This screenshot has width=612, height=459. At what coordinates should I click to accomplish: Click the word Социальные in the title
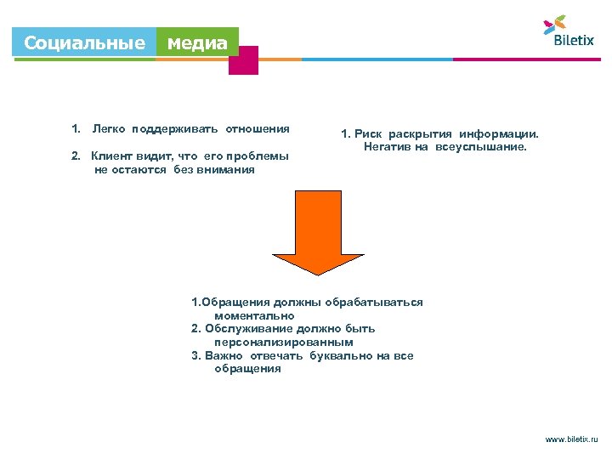click(x=84, y=42)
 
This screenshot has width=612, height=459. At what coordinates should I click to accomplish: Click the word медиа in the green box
click(x=197, y=42)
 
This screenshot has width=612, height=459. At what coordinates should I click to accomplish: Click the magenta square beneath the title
click(x=243, y=60)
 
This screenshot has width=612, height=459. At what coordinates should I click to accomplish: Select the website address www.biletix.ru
click(x=571, y=440)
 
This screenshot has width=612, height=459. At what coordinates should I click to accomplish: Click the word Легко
click(x=109, y=129)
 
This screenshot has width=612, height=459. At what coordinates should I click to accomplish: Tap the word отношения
click(x=257, y=129)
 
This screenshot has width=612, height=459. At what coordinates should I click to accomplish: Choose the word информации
click(x=499, y=134)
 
